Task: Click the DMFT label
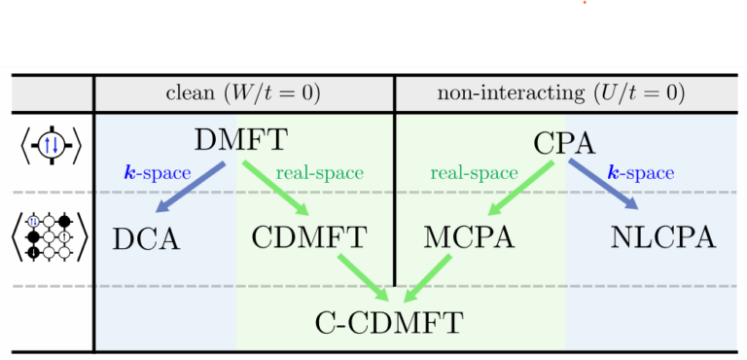click(240, 140)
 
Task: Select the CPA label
click(564, 144)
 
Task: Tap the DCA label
click(146, 237)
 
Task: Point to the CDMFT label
click(309, 237)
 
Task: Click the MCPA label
click(465, 237)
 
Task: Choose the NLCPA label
click(663, 237)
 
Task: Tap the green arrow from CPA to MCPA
click(520, 189)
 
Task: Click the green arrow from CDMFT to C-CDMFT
click(363, 276)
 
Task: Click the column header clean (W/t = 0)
click(243, 93)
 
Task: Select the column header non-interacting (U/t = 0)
click(561, 93)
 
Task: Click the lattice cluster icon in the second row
click(51, 235)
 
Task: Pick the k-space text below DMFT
click(157, 173)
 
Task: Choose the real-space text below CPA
click(474, 173)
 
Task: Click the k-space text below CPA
click(640, 173)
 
